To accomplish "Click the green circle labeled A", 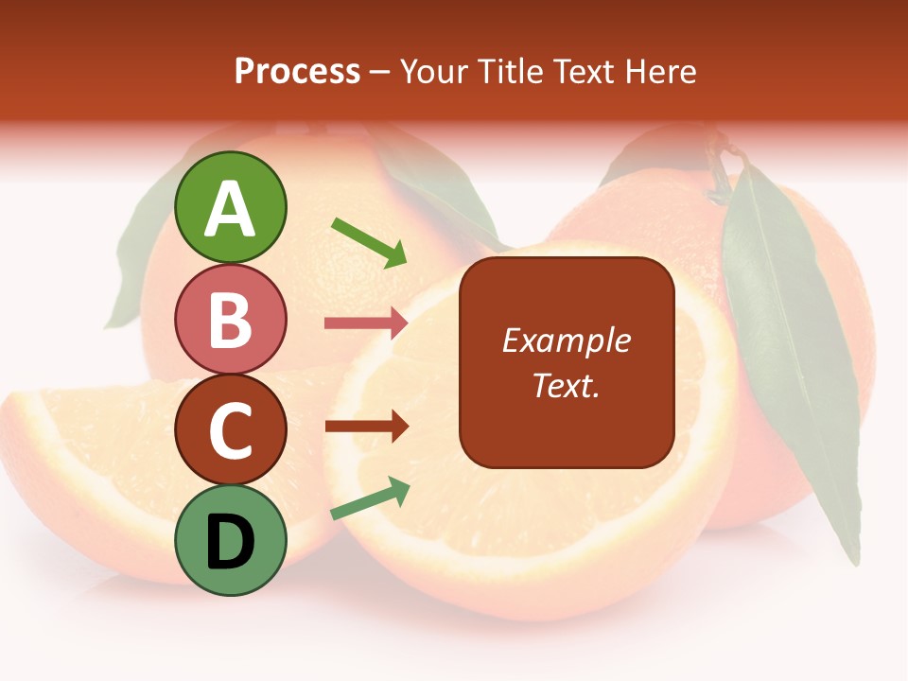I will pyautogui.click(x=231, y=207).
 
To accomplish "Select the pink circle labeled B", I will pyautogui.click(x=231, y=319).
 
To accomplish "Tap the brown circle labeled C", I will pyautogui.click(x=231, y=429).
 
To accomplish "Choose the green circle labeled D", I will pyautogui.click(x=231, y=540).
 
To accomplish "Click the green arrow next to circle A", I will pyautogui.click(x=369, y=241).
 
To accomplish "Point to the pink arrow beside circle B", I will pyautogui.click(x=366, y=323).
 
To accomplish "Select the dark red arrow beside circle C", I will pyautogui.click(x=366, y=426).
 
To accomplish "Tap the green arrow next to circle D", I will pyautogui.click(x=370, y=498).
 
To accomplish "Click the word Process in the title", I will pyautogui.click(x=297, y=71).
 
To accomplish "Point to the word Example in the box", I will pyautogui.click(x=567, y=340).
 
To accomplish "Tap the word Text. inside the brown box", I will pyautogui.click(x=567, y=385).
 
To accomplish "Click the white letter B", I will pyautogui.click(x=231, y=319).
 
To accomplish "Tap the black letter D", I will pyautogui.click(x=231, y=541).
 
